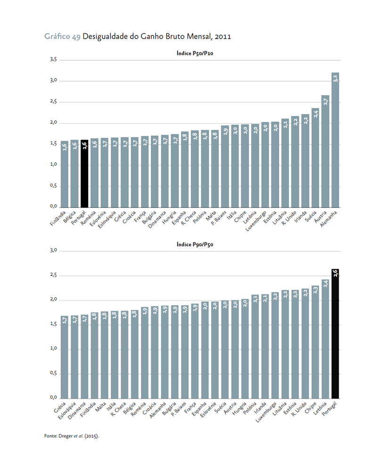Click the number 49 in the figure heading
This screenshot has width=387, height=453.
tap(76, 36)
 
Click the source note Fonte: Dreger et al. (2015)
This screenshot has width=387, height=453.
tap(71, 436)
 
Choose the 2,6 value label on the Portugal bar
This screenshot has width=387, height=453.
tap(335, 274)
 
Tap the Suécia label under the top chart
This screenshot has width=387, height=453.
tap(311, 216)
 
